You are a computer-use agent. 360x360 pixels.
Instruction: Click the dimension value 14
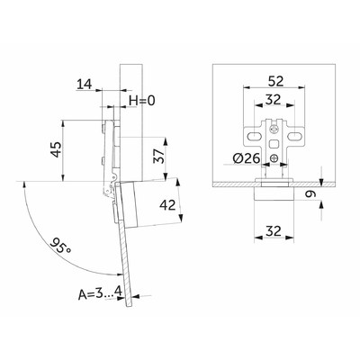click(85, 84)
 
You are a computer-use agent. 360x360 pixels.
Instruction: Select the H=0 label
click(142, 101)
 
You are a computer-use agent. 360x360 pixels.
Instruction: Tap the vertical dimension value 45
click(56, 149)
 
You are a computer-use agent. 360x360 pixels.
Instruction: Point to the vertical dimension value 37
click(159, 156)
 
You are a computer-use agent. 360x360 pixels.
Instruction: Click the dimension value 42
click(167, 205)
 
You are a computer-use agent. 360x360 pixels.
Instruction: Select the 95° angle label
click(60, 246)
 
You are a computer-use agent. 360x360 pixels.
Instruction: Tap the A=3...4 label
click(100, 293)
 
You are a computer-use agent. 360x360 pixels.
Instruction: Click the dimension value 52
click(275, 81)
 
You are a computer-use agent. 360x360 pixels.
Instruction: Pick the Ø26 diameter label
click(246, 158)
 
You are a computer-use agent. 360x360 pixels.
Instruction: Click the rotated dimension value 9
click(310, 194)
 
